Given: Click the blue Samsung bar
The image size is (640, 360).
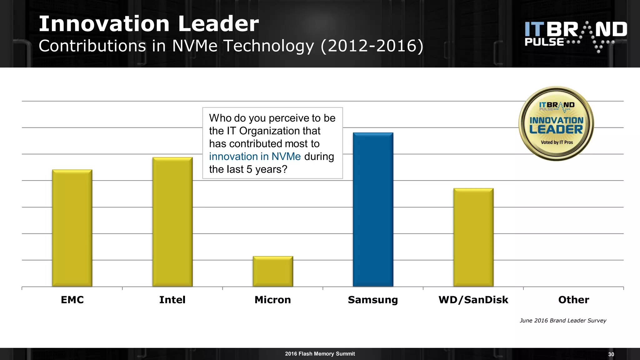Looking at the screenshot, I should coord(373,209).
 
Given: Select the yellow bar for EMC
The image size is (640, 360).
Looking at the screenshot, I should coord(72,228).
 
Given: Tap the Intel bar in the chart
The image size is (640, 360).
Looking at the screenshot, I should coord(172,222).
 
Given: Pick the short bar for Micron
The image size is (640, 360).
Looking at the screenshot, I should coord(273,271).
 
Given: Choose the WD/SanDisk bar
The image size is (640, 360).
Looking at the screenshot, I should coord(473,237).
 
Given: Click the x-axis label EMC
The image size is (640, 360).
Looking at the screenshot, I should coord(72,300).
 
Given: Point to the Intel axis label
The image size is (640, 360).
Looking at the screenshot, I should coord(172,300).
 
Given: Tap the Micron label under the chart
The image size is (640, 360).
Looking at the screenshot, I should coord(273,300).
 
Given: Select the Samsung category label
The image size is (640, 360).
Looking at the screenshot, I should coord(373,300).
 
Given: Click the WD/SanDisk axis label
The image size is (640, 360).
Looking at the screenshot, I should coord(473,300).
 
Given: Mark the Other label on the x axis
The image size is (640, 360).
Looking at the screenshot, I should coord(574,300).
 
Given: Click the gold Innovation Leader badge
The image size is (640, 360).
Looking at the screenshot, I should coord(556,124).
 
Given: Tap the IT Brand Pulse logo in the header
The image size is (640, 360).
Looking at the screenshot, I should coord(576,36).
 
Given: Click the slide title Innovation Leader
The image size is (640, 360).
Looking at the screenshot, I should coord(149,24).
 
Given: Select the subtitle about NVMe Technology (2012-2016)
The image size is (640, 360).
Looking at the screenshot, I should coord(231,46).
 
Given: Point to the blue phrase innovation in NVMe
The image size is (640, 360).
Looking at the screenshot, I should coord(255,156).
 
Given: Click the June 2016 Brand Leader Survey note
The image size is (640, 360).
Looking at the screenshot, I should coord(563,320).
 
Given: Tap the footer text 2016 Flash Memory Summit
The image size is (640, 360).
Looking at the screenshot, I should coord(320,354).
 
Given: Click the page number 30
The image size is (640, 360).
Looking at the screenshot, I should coord(611,354).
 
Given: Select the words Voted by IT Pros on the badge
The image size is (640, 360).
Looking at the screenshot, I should coord(557,142).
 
